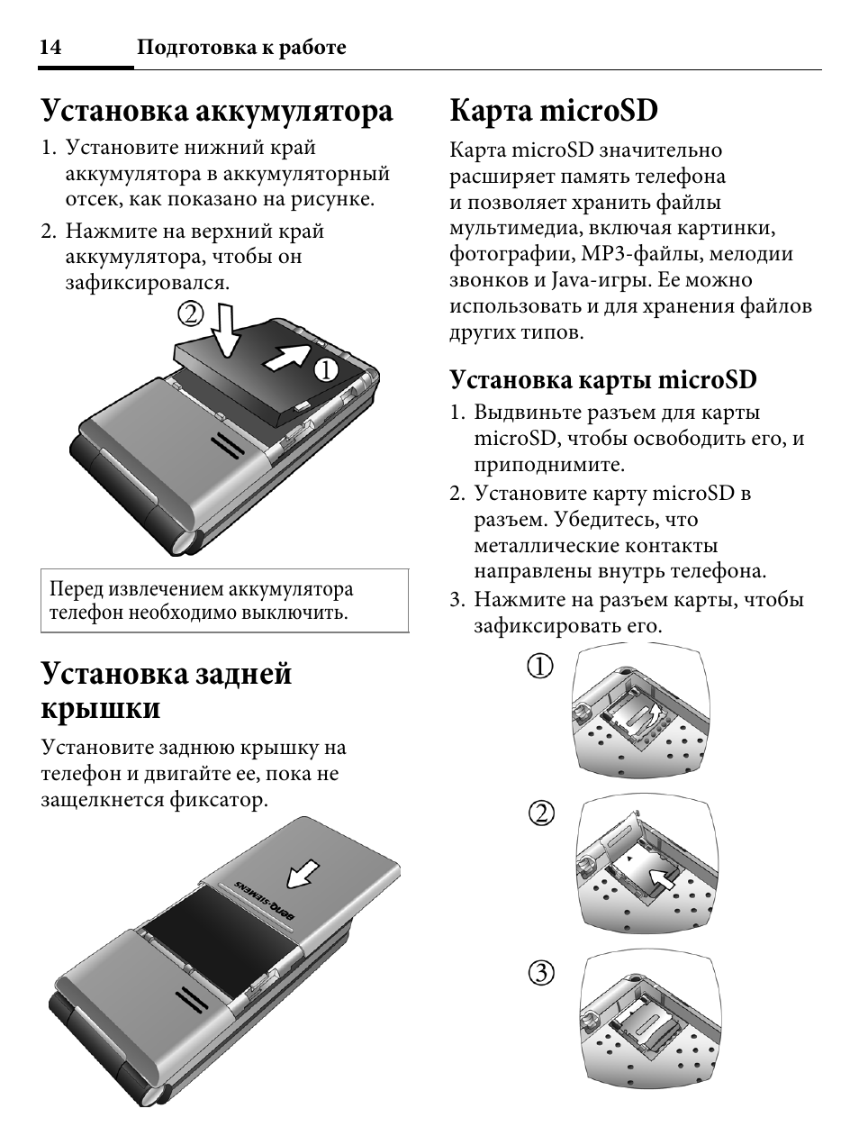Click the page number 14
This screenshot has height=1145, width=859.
(50, 49)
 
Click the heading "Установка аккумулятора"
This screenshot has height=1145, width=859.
(217, 111)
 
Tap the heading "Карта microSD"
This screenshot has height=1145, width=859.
(554, 111)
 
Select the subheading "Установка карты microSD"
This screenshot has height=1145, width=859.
(603, 379)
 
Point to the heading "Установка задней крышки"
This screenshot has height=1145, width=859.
(167, 691)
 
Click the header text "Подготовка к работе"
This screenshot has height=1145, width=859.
(241, 49)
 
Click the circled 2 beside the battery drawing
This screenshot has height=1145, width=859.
(190, 314)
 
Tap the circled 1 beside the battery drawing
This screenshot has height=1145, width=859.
(324, 369)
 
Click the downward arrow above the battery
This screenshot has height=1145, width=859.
(224, 332)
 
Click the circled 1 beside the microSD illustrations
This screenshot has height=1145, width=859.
(541, 667)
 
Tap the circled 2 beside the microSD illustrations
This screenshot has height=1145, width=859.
(541, 813)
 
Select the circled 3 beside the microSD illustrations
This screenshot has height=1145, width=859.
(541, 973)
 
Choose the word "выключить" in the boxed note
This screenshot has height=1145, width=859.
(302, 613)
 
